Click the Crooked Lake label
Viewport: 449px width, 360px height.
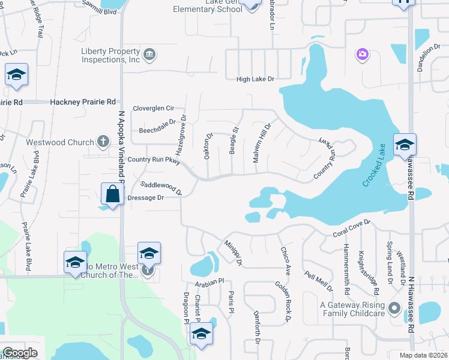pos(374,166)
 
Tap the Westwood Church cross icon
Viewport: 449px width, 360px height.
pos(103,142)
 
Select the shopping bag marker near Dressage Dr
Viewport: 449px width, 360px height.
pos(112,194)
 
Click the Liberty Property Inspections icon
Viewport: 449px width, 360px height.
pos(150,55)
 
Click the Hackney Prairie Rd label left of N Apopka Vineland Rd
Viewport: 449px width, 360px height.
pos(83,103)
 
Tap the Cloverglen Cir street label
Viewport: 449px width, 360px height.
pos(154,109)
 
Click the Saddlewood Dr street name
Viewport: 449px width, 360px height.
pos(161,188)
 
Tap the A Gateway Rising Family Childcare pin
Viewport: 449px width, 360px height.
pos(394,308)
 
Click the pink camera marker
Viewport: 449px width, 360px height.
pos(362,55)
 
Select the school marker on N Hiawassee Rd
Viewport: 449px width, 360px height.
pos(405,145)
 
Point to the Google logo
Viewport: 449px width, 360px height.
pos(20,353)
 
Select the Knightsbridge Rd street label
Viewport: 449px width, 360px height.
pos(369,272)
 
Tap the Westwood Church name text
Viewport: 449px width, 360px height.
pos(60,143)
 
